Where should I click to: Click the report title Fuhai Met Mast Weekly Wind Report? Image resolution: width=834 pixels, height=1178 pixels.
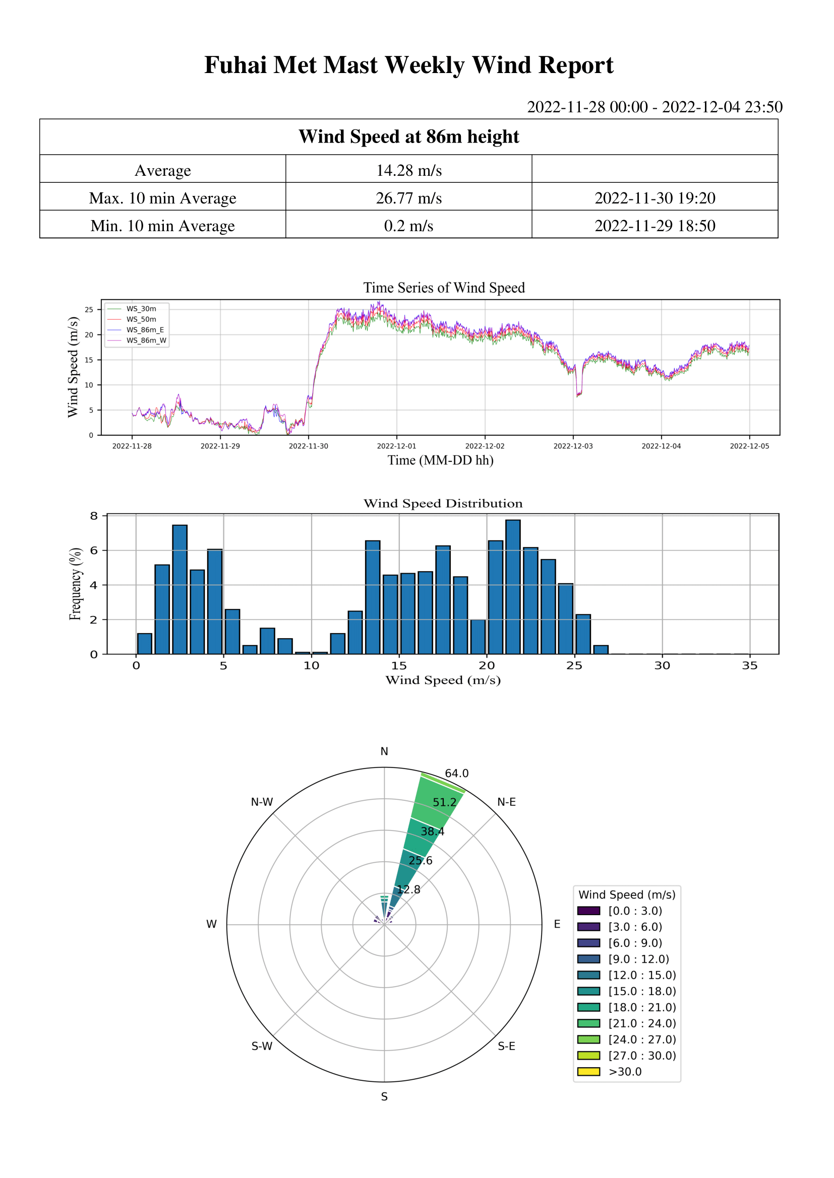point(409,65)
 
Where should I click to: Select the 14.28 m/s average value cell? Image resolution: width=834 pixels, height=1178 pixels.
point(409,170)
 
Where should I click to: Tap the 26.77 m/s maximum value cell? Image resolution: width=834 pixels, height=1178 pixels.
point(409,198)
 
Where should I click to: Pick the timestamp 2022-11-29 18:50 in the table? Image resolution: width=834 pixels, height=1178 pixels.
point(655,226)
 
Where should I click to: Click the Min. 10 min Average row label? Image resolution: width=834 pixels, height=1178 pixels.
point(162,226)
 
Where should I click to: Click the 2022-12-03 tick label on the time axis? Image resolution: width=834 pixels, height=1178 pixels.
point(573,446)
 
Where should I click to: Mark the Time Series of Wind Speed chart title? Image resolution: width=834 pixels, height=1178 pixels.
point(444,288)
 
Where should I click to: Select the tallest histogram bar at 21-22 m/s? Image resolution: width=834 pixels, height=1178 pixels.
point(512,587)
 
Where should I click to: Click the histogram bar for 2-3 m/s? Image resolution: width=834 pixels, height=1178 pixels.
point(180,590)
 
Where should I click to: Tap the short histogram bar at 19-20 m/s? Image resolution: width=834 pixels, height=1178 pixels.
point(478,637)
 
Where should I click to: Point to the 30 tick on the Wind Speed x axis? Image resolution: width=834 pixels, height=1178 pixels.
point(662,666)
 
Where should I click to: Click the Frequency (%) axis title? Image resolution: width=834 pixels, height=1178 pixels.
point(76,584)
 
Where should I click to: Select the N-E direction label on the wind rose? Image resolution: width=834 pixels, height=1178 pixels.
point(506,802)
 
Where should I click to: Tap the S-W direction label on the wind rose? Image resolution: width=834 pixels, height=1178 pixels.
point(262,1047)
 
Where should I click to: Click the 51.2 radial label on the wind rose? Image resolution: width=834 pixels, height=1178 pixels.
point(444,802)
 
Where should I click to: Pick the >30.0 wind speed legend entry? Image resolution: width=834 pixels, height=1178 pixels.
point(625,1071)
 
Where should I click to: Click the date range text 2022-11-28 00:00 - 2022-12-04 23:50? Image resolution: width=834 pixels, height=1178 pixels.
point(655,107)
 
